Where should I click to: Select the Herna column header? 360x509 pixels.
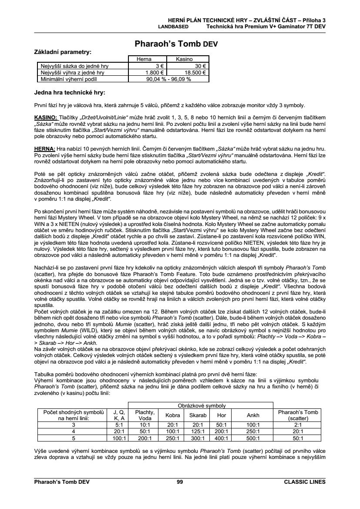coord(145,59)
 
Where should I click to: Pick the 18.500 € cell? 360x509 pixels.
coord(195,73)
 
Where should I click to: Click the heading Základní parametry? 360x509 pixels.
coord(63,52)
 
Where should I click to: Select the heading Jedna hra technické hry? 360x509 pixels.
coord(70,92)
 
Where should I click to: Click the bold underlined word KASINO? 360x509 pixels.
coord(46,118)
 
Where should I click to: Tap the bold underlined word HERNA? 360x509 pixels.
coord(44,148)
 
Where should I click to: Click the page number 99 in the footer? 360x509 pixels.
coord(180,482)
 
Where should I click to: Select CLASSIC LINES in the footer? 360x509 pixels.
coord(304,482)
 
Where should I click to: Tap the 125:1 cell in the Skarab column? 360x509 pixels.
coord(198,431)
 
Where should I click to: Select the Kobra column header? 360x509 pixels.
coord(173,415)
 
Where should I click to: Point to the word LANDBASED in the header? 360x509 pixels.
coord(173,26)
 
